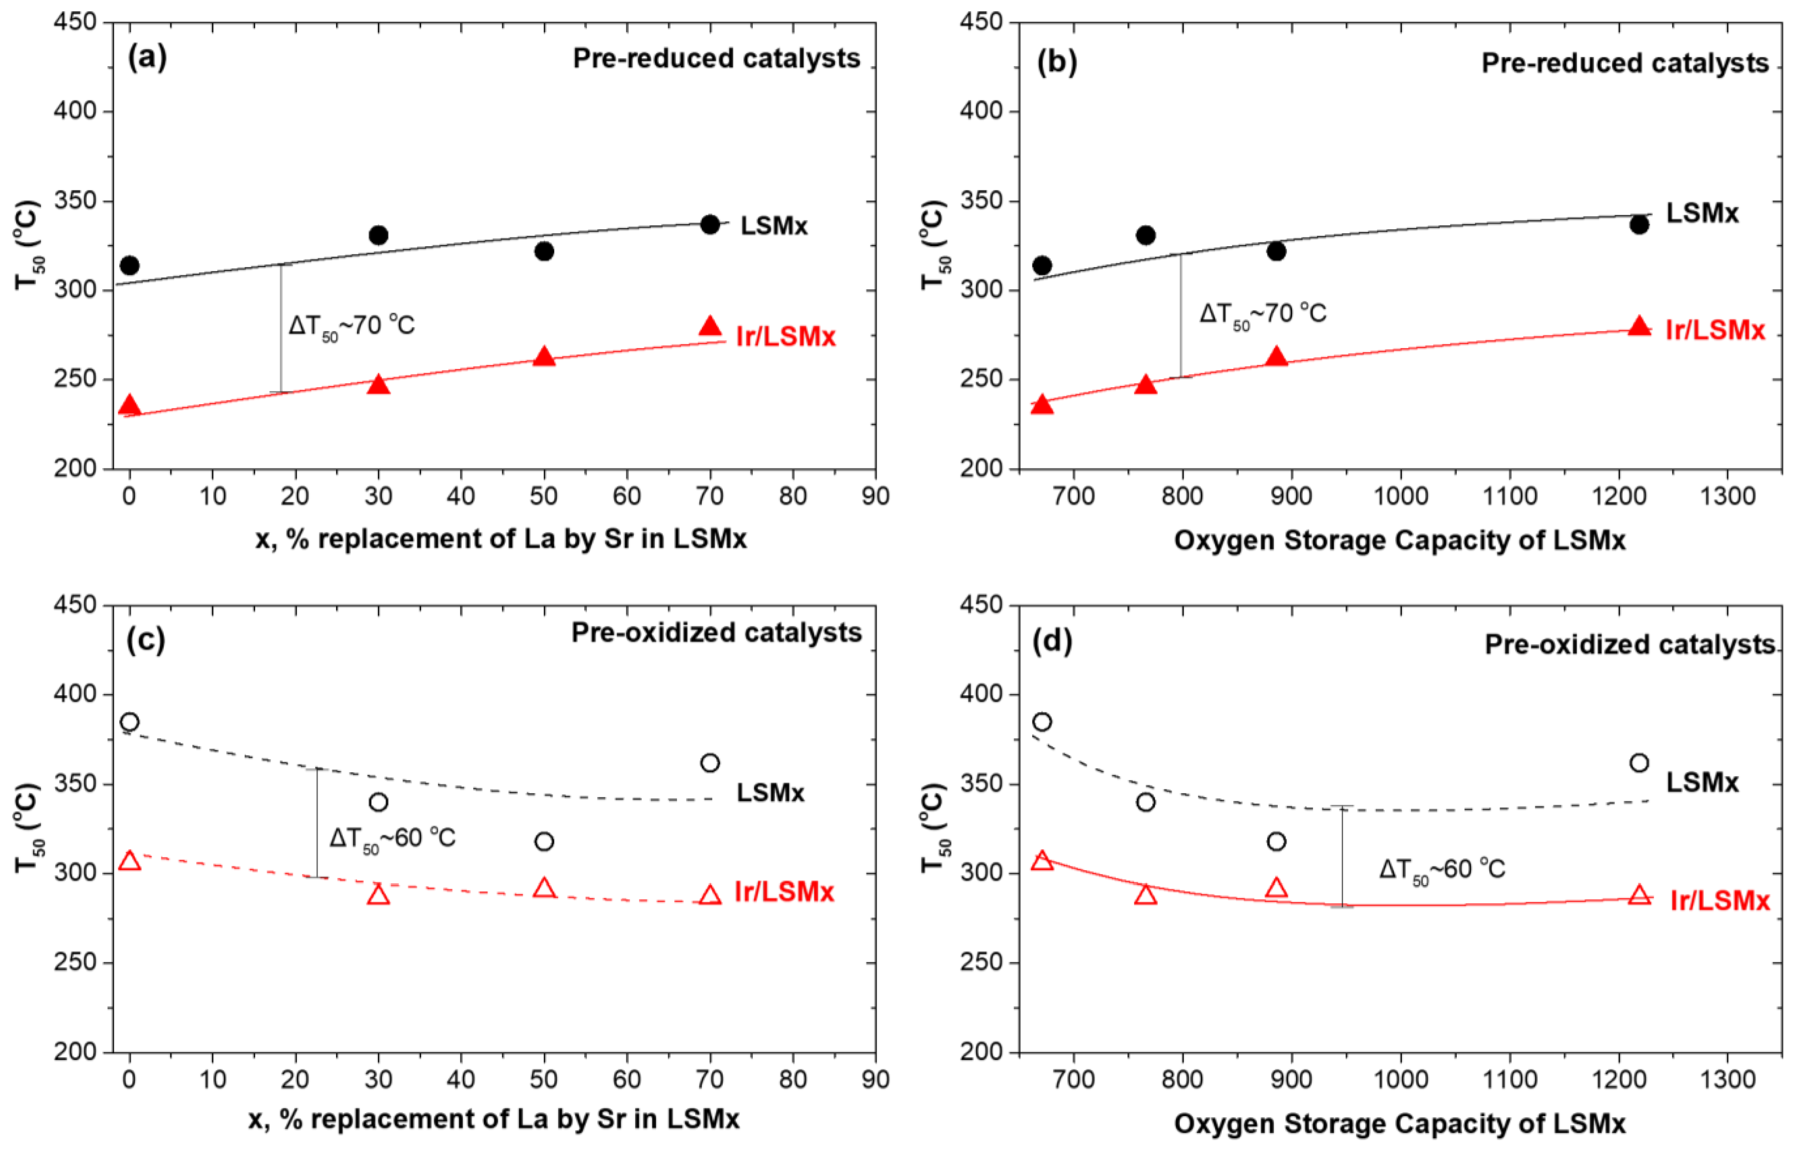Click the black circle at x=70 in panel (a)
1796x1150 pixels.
click(710, 224)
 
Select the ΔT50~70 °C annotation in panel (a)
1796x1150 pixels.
click(352, 326)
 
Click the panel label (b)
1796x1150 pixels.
click(1057, 63)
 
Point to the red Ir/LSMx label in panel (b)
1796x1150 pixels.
click(1715, 330)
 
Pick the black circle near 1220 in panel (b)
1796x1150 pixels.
click(1639, 224)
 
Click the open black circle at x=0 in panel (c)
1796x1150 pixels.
click(130, 722)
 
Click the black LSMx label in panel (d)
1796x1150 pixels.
click(1702, 782)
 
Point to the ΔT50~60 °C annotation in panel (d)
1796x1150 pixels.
click(1441, 869)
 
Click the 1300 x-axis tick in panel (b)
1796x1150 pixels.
click(1726, 495)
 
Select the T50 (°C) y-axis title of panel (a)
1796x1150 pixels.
click(28, 245)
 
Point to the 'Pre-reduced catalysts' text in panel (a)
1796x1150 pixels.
click(716, 58)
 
